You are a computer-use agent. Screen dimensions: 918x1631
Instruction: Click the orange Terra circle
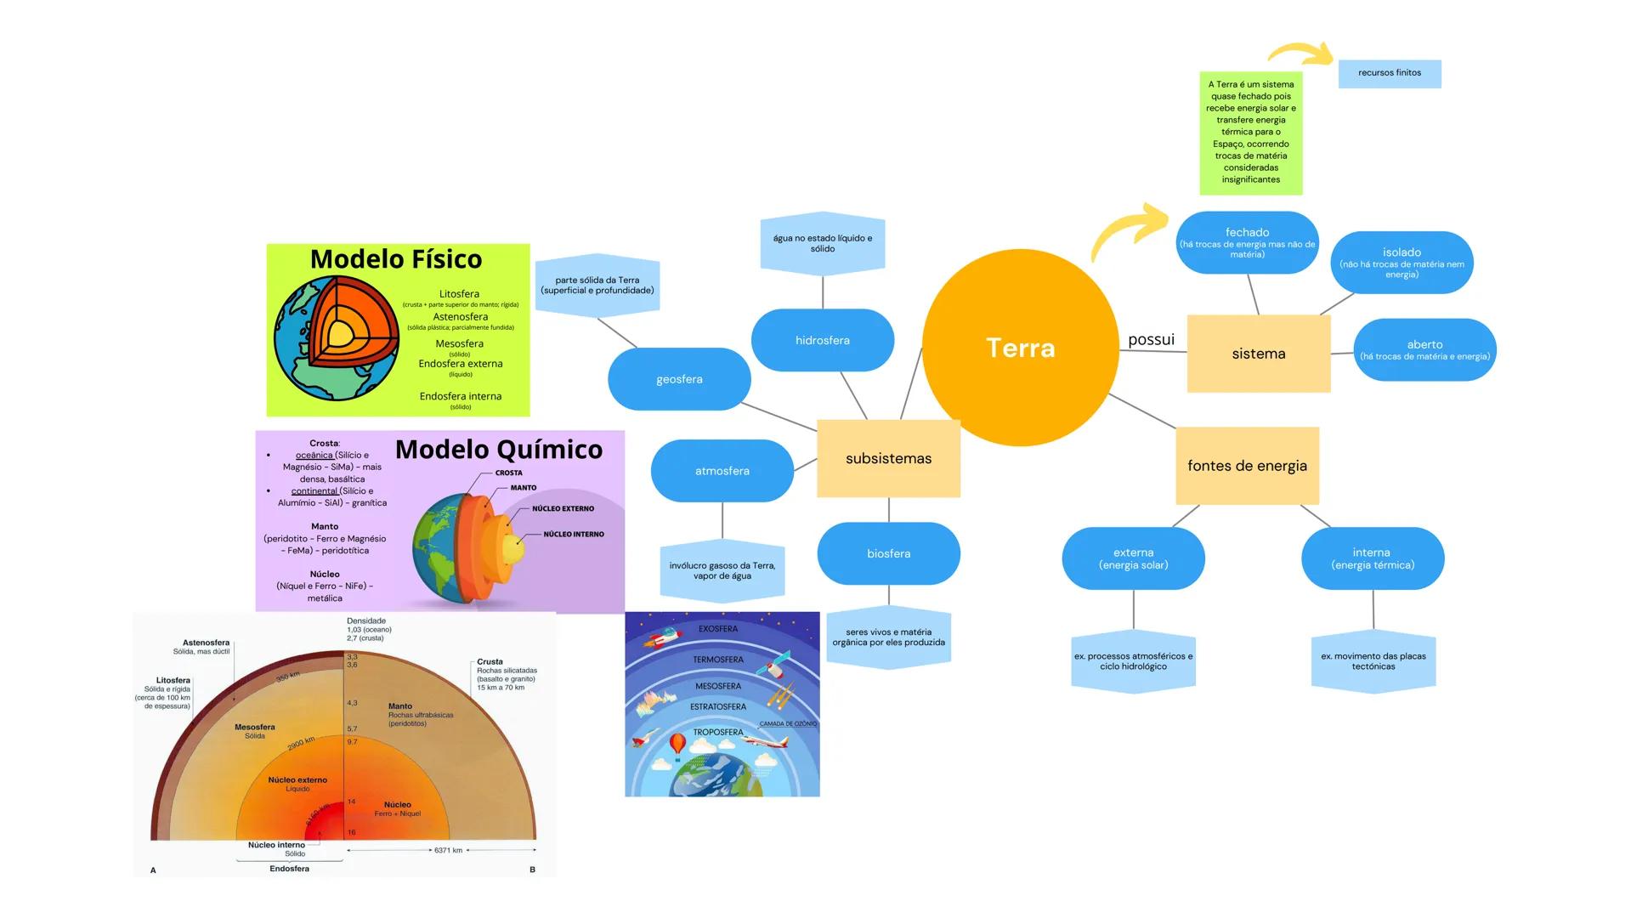coord(1020,348)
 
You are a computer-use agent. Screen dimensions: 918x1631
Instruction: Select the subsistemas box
coord(888,458)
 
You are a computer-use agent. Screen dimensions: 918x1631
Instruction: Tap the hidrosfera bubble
coord(822,340)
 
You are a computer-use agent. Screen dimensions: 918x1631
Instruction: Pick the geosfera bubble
coord(679,379)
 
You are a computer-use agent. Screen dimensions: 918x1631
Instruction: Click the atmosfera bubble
coord(722,471)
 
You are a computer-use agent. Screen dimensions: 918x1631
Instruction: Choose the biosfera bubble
coord(888,553)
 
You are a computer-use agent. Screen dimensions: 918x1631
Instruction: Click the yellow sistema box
coord(1258,354)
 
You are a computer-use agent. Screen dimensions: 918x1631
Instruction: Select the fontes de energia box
coord(1247,466)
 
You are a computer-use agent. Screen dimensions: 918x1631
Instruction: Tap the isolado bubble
coord(1402,262)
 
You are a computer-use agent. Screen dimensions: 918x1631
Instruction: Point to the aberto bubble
coord(1424,349)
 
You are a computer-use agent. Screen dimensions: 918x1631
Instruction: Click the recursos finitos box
coord(1390,73)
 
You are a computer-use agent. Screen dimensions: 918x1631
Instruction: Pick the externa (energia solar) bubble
coord(1133,558)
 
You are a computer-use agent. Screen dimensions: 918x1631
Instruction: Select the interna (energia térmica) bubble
coord(1372,558)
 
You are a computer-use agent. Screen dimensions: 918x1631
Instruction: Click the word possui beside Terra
coord(1151,340)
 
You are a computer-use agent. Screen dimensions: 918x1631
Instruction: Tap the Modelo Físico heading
coord(396,259)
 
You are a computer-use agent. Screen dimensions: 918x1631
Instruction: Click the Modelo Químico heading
coord(499,450)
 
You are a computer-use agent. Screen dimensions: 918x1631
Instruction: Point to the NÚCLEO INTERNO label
coord(574,535)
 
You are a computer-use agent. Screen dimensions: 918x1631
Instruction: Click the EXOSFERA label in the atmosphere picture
coord(718,629)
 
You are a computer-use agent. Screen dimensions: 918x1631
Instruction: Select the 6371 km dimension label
coord(448,850)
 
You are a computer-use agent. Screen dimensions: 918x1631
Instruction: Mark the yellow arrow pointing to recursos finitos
coord(1300,53)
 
